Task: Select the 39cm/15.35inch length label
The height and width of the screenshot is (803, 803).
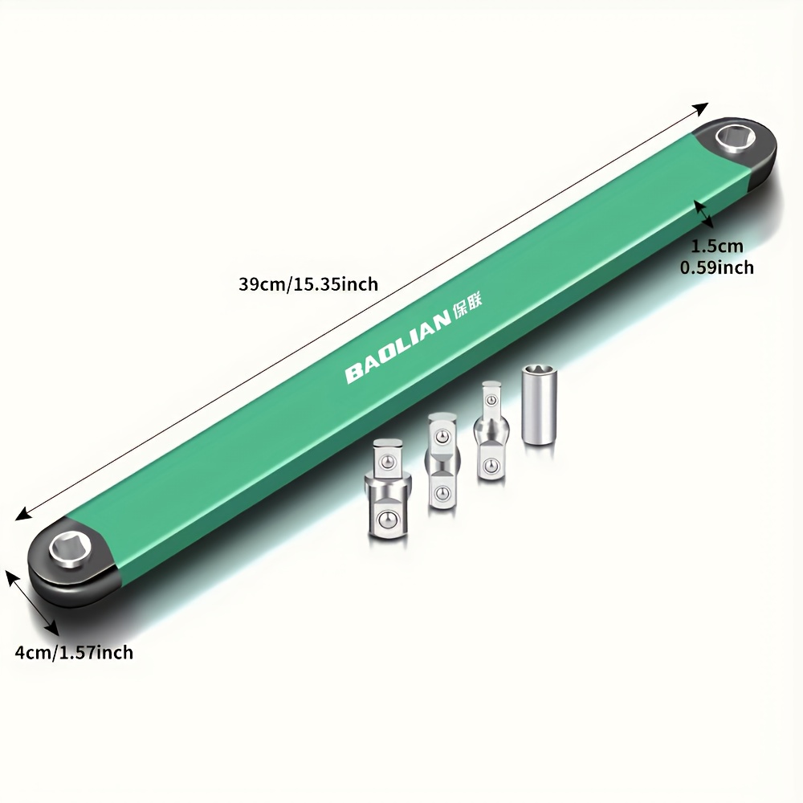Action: tap(308, 283)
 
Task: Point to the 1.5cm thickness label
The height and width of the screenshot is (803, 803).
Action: tap(717, 247)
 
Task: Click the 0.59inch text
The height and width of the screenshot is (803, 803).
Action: tap(716, 267)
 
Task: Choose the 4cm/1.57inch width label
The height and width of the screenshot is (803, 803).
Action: tap(74, 652)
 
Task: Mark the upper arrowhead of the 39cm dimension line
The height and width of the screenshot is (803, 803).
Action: tap(703, 107)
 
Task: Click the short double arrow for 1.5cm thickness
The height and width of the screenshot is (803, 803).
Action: tap(703, 214)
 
